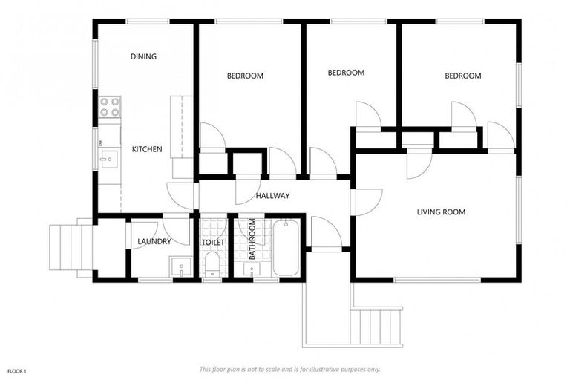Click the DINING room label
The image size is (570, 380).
pyautogui.click(x=143, y=56)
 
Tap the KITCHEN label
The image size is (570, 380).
pyautogui.click(x=147, y=149)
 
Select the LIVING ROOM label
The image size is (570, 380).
pyautogui.click(x=441, y=212)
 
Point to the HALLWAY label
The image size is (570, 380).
pyautogui.click(x=272, y=196)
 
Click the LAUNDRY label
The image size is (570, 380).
pyautogui.click(x=154, y=241)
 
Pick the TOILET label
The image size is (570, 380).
pyautogui.click(x=213, y=243)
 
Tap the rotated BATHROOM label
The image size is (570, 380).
pyautogui.click(x=252, y=239)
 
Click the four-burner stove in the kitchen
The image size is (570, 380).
pyautogui.click(x=111, y=108)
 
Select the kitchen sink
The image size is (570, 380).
pyautogui.click(x=108, y=157)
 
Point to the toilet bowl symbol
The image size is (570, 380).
pyautogui.click(x=212, y=263)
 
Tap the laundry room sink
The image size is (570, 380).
pyautogui.click(x=181, y=265)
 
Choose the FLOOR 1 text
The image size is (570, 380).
pyautogui.click(x=17, y=370)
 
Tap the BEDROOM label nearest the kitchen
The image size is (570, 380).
pyautogui.click(x=245, y=76)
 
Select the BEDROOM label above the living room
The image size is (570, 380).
pyautogui.click(x=462, y=76)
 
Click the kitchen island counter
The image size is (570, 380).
pyautogui.click(x=181, y=126)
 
